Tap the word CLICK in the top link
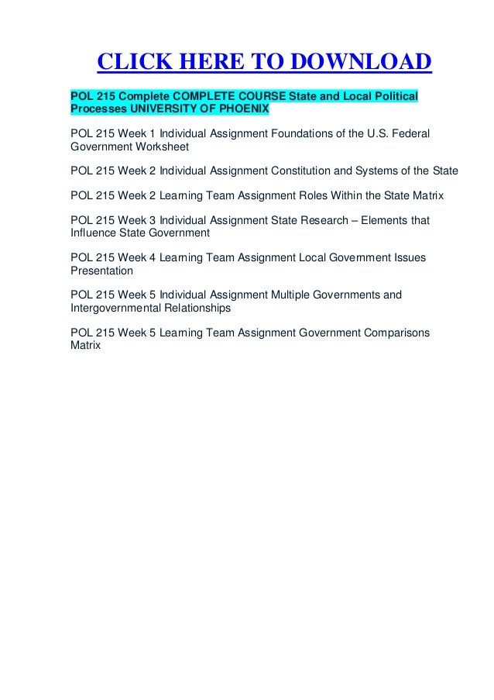tap(132, 62)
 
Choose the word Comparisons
tap(396, 333)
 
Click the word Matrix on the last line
tap(85, 345)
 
